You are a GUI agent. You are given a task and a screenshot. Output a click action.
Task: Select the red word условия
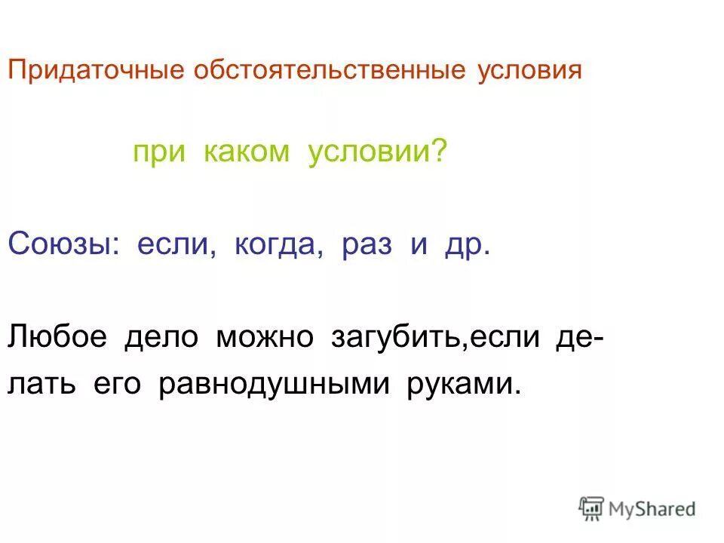click(530, 72)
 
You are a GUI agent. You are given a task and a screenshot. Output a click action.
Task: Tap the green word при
click(155, 153)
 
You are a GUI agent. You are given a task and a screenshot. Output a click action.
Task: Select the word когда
click(275, 247)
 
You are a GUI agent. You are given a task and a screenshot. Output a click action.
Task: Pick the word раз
click(367, 247)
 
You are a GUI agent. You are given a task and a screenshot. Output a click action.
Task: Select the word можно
click(265, 337)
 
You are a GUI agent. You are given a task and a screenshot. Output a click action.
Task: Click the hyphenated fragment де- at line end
click(578, 337)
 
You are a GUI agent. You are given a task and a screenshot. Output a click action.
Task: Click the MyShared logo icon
click(592, 508)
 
